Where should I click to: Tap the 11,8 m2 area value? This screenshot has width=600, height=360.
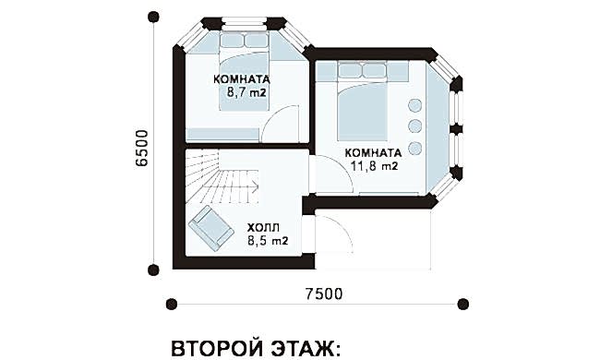coord(374,165)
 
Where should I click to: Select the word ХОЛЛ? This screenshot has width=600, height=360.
coord(263,228)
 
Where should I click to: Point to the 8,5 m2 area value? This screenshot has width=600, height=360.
coord(268,241)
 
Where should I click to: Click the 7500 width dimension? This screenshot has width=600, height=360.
coord(324,294)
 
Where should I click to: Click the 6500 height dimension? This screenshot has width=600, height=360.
coord(141,148)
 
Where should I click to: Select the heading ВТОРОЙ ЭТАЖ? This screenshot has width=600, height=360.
coord(255,348)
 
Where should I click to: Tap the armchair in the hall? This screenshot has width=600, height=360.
coord(210,228)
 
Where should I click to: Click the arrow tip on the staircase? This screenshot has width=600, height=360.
coord(258,187)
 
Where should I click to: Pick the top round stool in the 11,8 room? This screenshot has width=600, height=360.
coord(414,105)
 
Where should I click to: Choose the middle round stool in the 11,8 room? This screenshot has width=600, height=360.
coord(414,126)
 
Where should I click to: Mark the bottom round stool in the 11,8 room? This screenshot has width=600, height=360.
coord(414,148)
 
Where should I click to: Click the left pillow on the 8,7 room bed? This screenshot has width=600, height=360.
coord(232,41)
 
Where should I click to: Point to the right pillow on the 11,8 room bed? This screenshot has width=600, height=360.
coord(374,70)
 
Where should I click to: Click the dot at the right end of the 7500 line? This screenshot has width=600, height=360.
coord(463,304)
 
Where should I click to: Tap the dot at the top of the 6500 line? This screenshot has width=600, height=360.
coord(153,17)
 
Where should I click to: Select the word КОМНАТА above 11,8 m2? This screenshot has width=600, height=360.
coord(374,153)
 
